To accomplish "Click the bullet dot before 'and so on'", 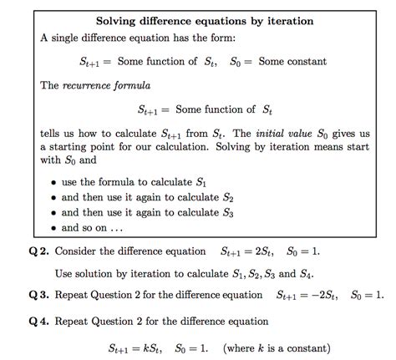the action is click(x=53, y=227).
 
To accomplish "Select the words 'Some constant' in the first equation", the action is click(x=292, y=62).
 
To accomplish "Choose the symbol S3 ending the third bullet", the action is click(x=226, y=212).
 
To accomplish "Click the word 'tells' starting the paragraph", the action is click(x=52, y=133).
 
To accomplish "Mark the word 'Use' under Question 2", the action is click(x=64, y=273).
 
